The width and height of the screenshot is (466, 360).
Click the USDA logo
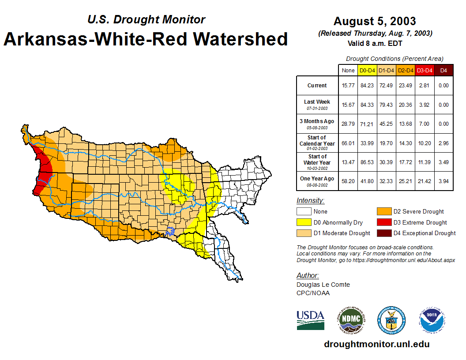pos(310,320)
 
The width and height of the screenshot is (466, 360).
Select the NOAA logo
pos(432,320)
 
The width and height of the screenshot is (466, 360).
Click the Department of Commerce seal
pos(391,320)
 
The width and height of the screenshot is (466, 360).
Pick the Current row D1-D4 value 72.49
pos(387,86)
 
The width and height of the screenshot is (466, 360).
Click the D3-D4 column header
pos(425,70)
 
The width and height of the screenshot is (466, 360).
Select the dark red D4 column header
pos(443,70)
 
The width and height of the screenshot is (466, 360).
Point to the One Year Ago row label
pos(317,178)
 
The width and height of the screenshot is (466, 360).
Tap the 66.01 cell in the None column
pos(348,143)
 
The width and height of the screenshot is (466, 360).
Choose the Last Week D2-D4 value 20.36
pos(406,105)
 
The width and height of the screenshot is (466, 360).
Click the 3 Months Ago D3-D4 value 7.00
pos(425,124)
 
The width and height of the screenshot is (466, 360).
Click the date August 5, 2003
pos(375,21)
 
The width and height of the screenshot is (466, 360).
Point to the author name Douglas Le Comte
pos(323,285)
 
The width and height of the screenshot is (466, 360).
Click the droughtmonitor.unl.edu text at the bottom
pos(376,344)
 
